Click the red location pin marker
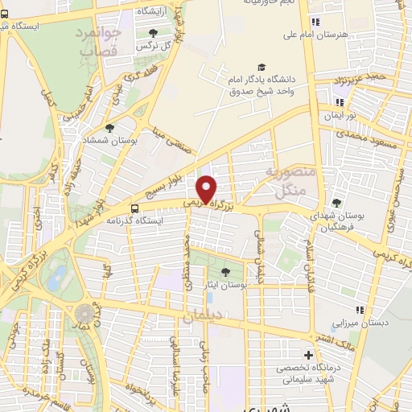207,189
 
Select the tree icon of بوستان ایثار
225,272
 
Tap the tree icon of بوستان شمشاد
110,127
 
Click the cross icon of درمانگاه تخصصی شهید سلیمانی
308,355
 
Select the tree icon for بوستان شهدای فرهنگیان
336,203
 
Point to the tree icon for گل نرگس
154,32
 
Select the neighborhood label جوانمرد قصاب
99,43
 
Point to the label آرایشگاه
154,11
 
